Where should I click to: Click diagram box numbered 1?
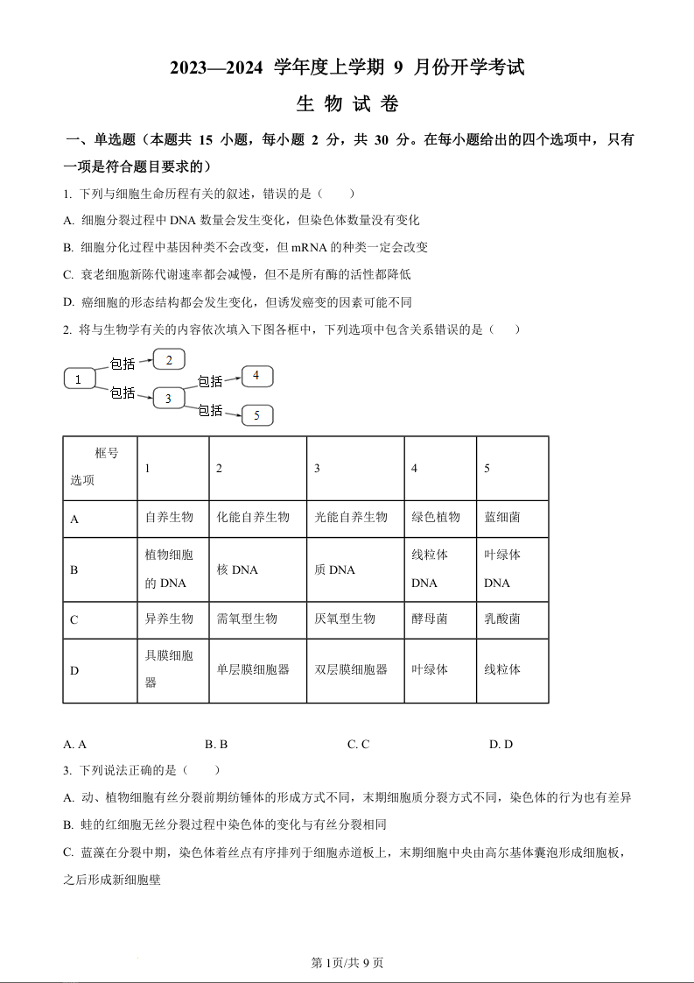(x=79, y=379)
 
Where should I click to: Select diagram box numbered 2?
(x=169, y=359)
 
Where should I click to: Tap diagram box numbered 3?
(x=168, y=399)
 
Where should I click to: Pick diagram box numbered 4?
(x=256, y=376)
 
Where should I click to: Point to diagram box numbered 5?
(x=256, y=415)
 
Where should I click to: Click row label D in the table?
(x=74, y=670)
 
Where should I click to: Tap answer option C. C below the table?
(x=358, y=744)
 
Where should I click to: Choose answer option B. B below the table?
(x=216, y=744)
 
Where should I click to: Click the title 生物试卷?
(x=347, y=104)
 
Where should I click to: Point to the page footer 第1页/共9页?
(x=347, y=963)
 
